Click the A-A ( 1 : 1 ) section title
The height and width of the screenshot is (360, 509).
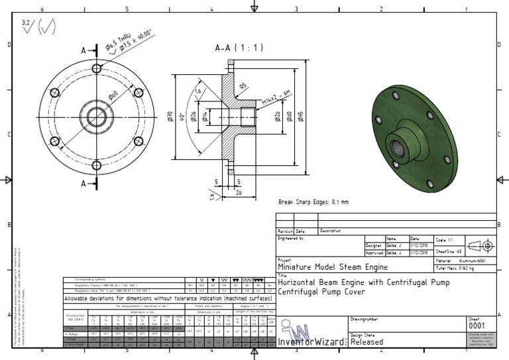(239, 48)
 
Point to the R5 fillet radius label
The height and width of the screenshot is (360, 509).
(244, 86)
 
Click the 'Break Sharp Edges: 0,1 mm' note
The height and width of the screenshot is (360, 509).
(313, 202)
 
